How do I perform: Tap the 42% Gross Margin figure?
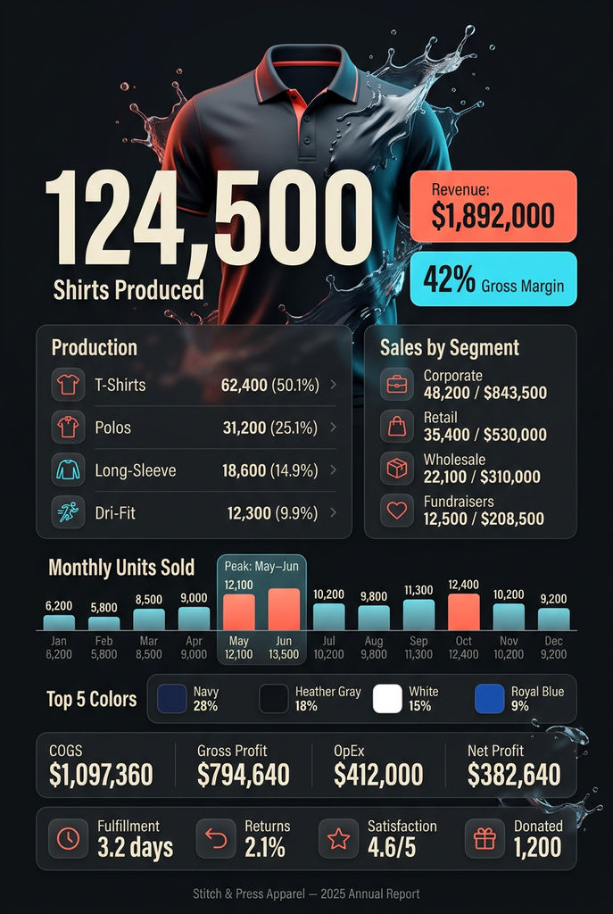[493, 280]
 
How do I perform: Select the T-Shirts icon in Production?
[68, 386]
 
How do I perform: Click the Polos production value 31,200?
[244, 428]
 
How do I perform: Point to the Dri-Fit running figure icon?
[68, 511]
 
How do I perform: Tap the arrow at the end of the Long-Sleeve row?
[333, 469]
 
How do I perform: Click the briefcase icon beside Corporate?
[396, 385]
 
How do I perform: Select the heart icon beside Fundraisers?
[396, 511]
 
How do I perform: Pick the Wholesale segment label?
[453, 460]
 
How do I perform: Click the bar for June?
[284, 610]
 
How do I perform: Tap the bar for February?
[104, 623]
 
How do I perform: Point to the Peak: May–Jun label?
[261, 567]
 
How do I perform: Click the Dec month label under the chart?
[553, 640]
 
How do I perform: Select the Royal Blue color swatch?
[489, 698]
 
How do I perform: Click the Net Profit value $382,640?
[514, 775]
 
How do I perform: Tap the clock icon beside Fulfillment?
[68, 838]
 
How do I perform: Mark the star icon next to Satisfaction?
[338, 838]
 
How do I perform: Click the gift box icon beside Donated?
[485, 838]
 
